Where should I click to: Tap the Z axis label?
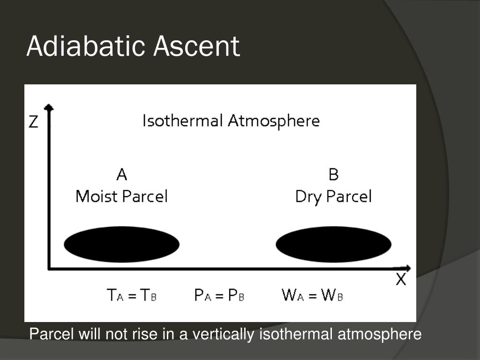tap(34, 122)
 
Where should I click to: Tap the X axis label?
tap(401, 280)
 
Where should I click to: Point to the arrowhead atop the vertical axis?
tap(48, 108)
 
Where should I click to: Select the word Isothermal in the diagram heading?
tap(182, 121)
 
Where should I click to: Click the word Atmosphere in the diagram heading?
tap(274, 121)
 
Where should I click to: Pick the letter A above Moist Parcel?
tap(121, 175)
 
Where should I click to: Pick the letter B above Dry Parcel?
tap(333, 175)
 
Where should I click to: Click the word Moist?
tap(96, 196)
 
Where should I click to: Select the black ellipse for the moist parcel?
tap(121, 244)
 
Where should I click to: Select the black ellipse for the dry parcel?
tap(333, 244)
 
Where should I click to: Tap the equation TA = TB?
tap(132, 295)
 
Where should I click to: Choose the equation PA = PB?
tap(219, 295)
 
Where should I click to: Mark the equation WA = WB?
tap(312, 295)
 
